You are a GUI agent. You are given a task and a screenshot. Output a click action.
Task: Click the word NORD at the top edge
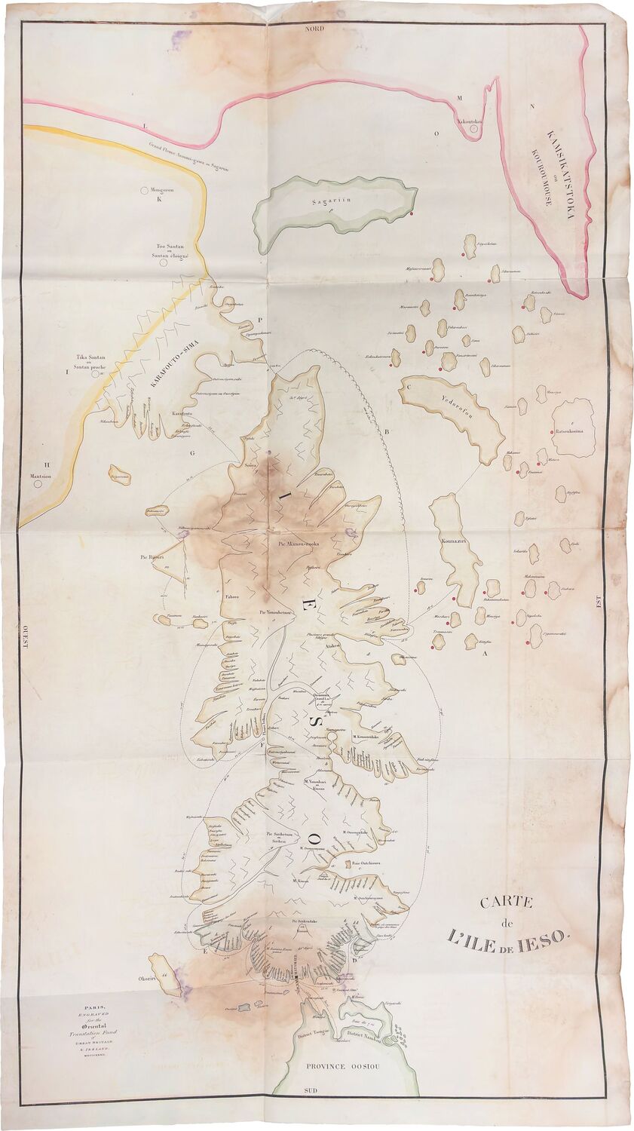click(314, 27)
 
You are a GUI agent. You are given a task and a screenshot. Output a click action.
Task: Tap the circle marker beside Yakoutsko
click(473, 129)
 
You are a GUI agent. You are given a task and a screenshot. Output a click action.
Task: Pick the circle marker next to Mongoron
click(144, 191)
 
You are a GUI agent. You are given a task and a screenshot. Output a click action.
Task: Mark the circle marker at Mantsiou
click(38, 484)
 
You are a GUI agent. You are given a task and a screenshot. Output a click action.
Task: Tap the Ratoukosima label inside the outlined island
click(575, 431)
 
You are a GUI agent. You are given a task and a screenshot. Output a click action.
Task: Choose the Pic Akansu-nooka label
click(296, 543)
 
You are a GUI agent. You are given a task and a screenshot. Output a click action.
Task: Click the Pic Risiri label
click(153, 558)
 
